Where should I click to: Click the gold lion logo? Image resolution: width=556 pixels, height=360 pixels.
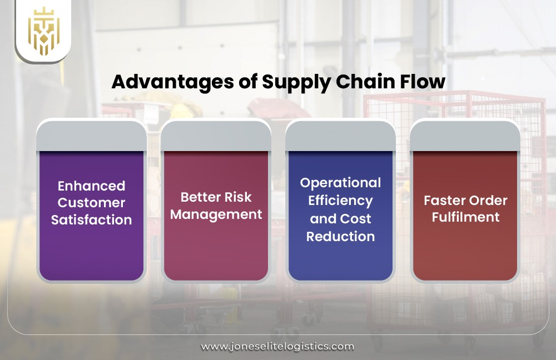tap(43, 31)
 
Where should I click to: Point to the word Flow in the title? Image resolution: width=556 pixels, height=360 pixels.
tap(424, 82)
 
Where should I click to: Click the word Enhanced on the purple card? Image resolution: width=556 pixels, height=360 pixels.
tap(91, 186)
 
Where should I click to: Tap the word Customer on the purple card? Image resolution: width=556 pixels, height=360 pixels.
tap(91, 202)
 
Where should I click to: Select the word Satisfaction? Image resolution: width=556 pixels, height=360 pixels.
tap(91, 219)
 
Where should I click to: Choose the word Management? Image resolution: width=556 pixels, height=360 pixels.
tap(216, 214)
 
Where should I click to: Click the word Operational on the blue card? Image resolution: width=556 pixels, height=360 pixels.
tap(340, 183)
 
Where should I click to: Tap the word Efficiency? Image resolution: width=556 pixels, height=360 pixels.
tap(340, 200)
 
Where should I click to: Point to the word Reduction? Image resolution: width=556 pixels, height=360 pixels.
tap(340, 236)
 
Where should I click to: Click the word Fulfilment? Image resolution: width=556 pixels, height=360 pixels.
tap(465, 217)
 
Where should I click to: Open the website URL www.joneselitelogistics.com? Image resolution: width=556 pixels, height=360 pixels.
tap(277, 346)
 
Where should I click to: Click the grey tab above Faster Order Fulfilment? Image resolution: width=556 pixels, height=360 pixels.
tap(465, 135)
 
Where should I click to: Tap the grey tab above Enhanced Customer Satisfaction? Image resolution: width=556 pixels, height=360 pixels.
tap(91, 135)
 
